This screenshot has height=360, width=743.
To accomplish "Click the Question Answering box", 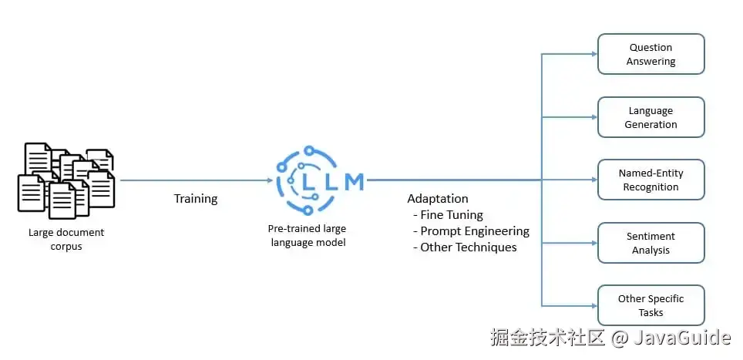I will click(x=651, y=54).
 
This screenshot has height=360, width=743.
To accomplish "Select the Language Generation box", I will click(x=651, y=117).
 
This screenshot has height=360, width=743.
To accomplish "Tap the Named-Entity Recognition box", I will click(x=651, y=180).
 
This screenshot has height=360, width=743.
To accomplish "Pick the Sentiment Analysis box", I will click(x=651, y=243).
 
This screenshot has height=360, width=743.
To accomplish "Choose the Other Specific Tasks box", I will click(x=651, y=305).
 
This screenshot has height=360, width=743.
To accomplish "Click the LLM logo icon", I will click(x=319, y=181).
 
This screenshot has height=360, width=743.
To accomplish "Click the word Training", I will click(x=196, y=199).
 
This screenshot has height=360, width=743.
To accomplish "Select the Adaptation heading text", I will click(x=438, y=199).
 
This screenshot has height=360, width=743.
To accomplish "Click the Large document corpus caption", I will click(x=66, y=239).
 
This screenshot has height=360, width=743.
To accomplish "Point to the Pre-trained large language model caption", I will click(x=307, y=235).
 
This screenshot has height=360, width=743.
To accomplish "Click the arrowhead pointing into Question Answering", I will click(x=593, y=54).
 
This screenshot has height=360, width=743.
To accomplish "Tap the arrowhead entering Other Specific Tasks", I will click(x=593, y=305).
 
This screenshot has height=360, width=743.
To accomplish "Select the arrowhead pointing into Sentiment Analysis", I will click(x=593, y=243).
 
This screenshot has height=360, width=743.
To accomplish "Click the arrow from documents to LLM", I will click(x=196, y=180).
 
